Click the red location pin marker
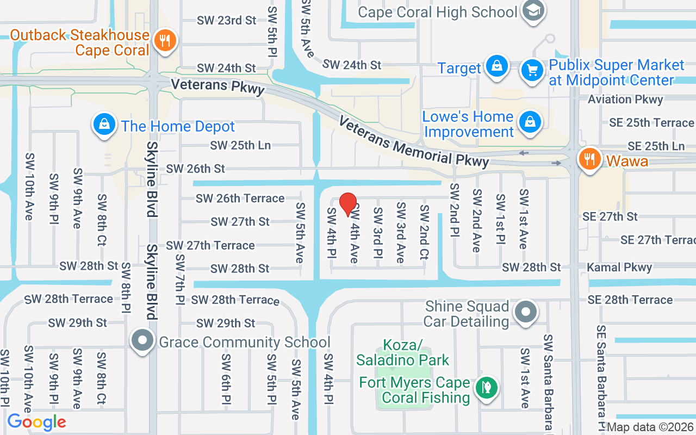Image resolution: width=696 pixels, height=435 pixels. click(348, 204)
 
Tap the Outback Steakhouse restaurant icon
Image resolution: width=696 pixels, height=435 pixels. click(163, 41)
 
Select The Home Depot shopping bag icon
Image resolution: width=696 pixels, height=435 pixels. click(103, 124)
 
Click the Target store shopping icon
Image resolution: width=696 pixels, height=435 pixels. click(496, 66)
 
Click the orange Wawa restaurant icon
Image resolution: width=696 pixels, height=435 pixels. click(589, 159)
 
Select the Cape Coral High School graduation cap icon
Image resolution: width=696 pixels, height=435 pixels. click(533, 11)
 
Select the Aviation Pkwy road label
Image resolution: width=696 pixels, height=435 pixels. click(625, 100)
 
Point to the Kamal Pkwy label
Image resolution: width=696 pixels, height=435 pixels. click(619, 268)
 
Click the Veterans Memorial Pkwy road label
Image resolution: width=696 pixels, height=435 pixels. click(413, 141)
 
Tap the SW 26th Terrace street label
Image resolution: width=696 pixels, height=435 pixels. click(240, 198)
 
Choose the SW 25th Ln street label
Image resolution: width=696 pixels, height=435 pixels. click(240, 145)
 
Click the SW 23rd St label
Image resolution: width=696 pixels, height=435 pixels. click(226, 21)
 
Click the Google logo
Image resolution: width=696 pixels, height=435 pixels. click(37, 422)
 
